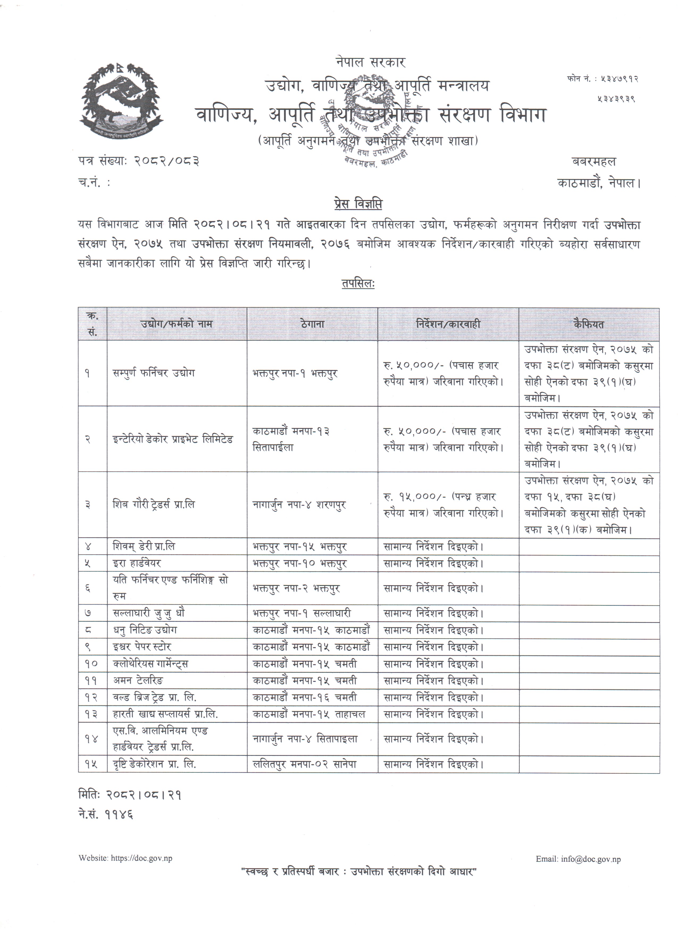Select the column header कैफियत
coord(588,324)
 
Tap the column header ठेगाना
coord(312,324)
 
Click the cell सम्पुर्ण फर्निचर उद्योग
coord(154,373)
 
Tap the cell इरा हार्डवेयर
coord(137,563)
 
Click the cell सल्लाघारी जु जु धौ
coord(149,613)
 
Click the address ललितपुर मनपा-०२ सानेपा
coord(304,764)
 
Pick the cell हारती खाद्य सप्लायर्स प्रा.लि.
coord(165,715)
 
